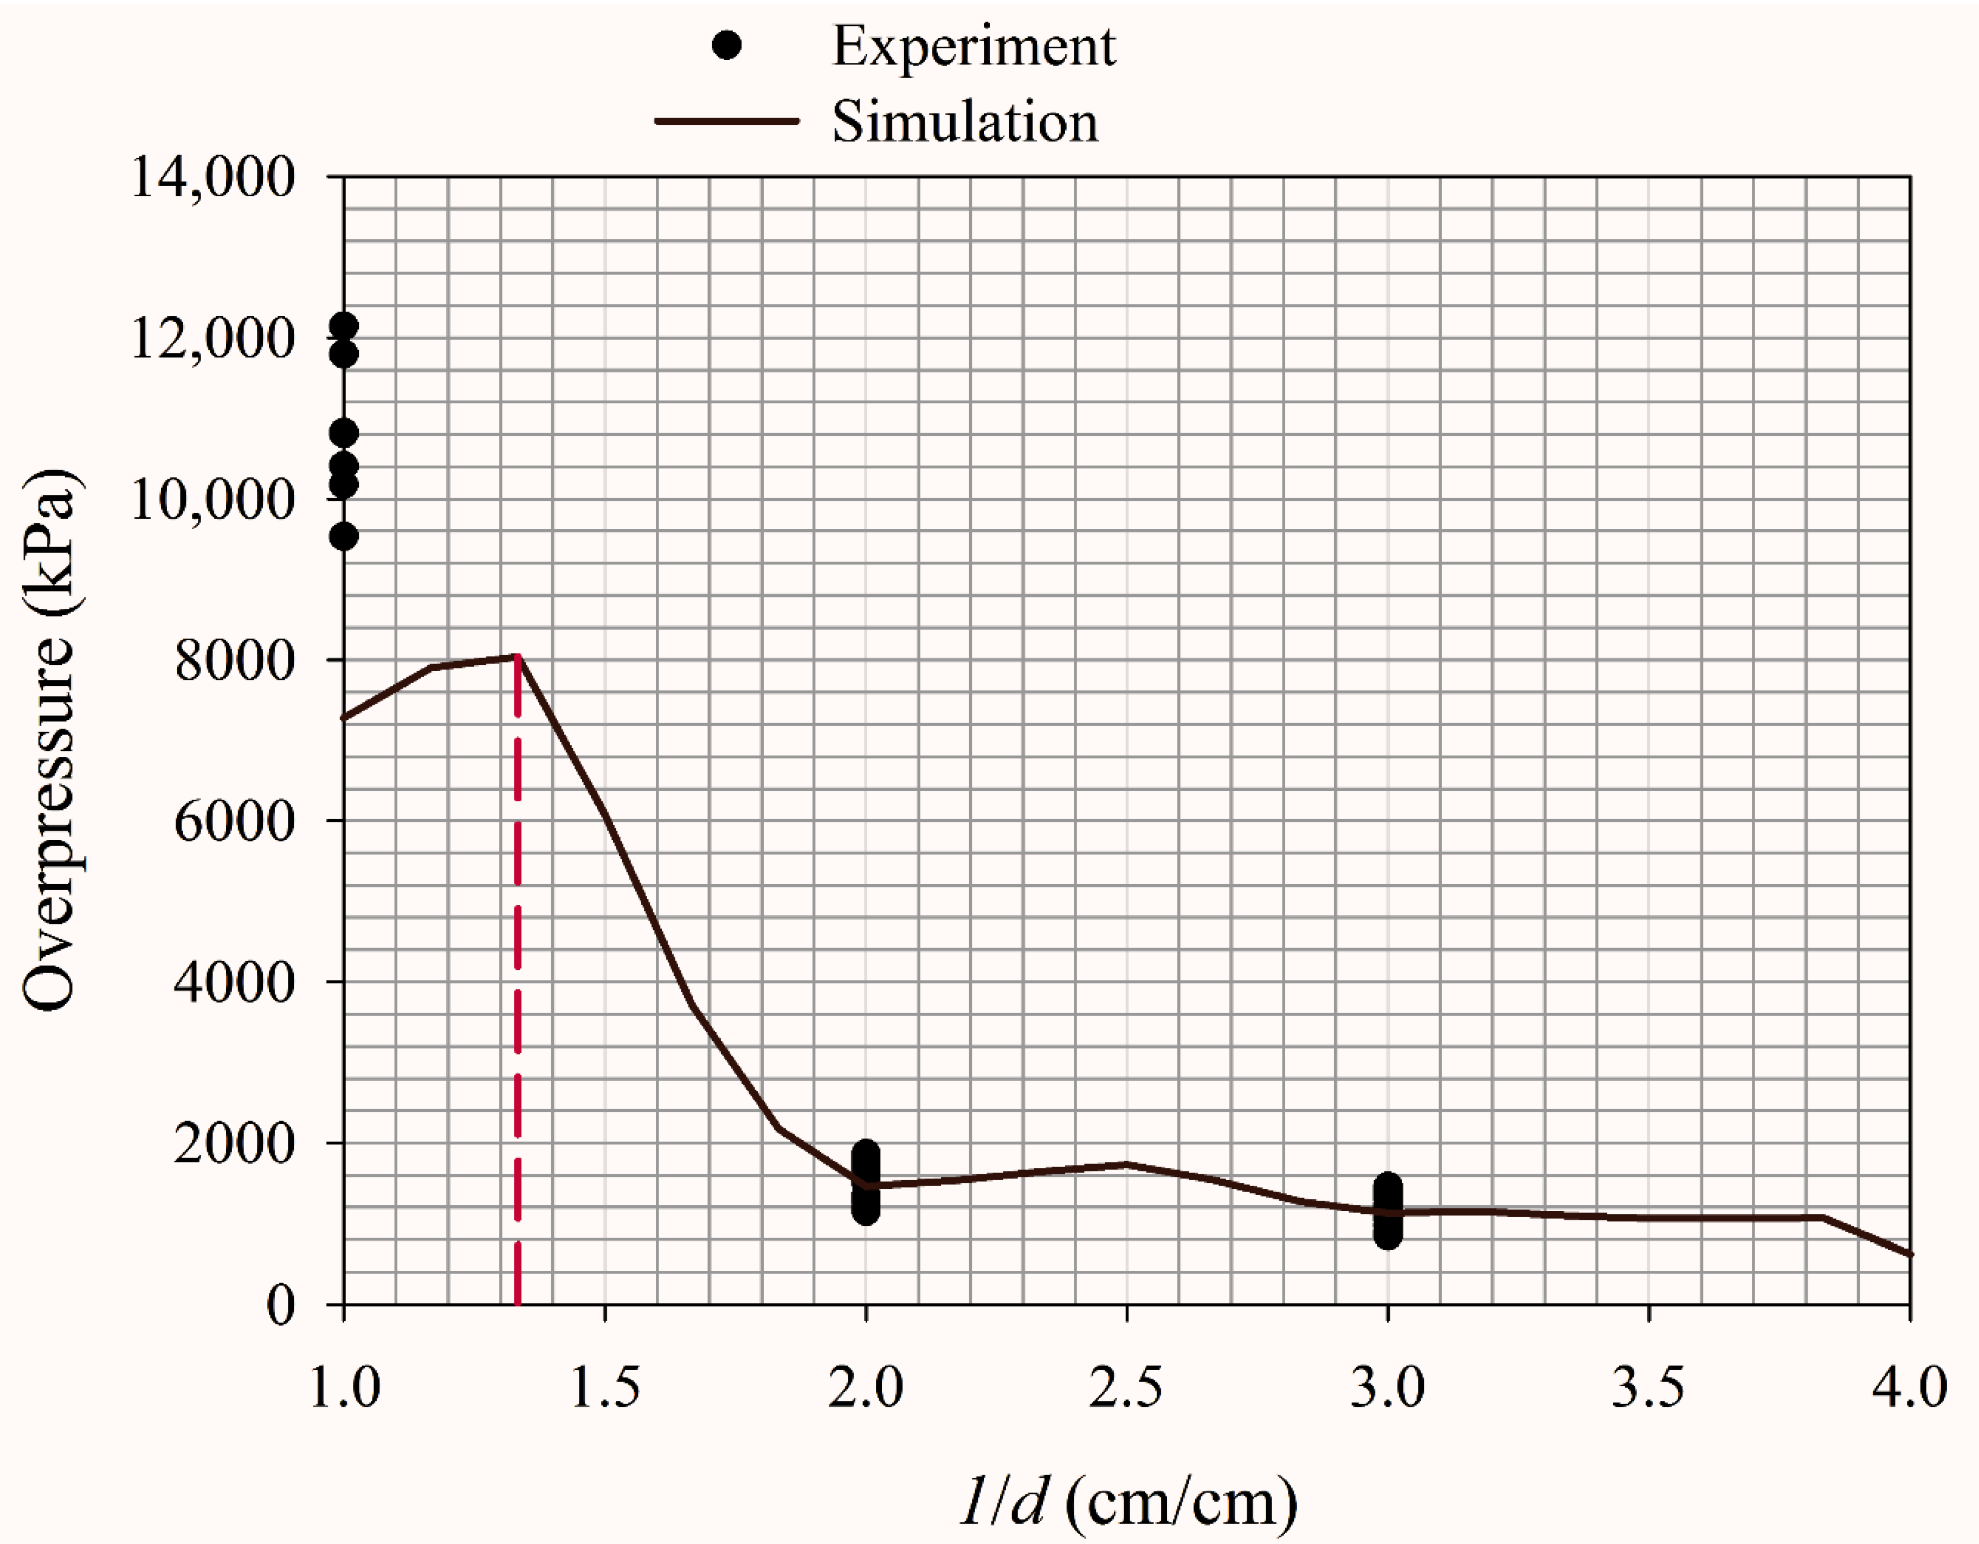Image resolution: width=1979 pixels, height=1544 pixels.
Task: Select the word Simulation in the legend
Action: [964, 123]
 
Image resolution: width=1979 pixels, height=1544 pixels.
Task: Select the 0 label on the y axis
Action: [281, 1305]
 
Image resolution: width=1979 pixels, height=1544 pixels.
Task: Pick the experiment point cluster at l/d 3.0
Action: [1387, 1211]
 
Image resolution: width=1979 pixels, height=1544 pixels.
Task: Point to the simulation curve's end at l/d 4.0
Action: [1909, 1254]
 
